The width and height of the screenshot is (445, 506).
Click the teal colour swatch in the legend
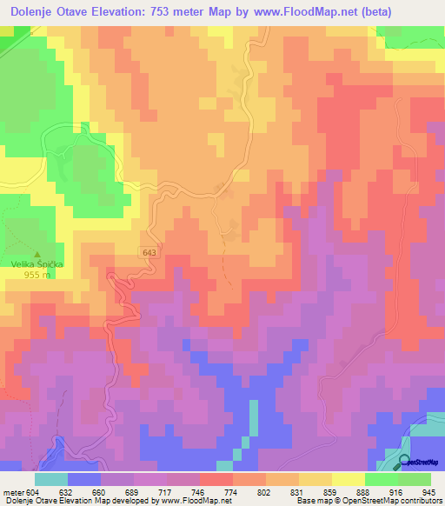(x=50, y=478)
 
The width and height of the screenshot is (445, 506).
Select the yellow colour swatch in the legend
(x=315, y=478)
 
